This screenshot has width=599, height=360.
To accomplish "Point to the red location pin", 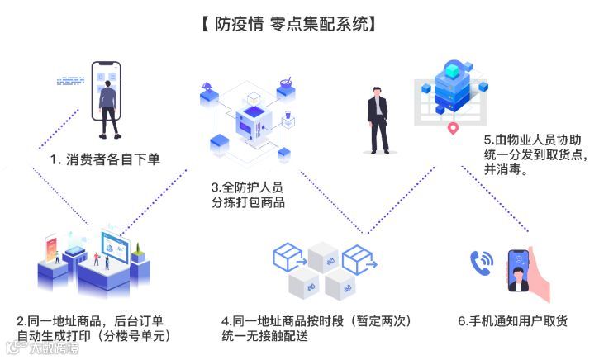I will (x=452, y=130).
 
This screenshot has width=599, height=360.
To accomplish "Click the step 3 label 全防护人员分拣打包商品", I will (x=248, y=195).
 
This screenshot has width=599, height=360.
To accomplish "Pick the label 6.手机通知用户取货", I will (x=512, y=320).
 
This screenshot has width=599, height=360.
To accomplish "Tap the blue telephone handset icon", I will (x=480, y=263).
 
